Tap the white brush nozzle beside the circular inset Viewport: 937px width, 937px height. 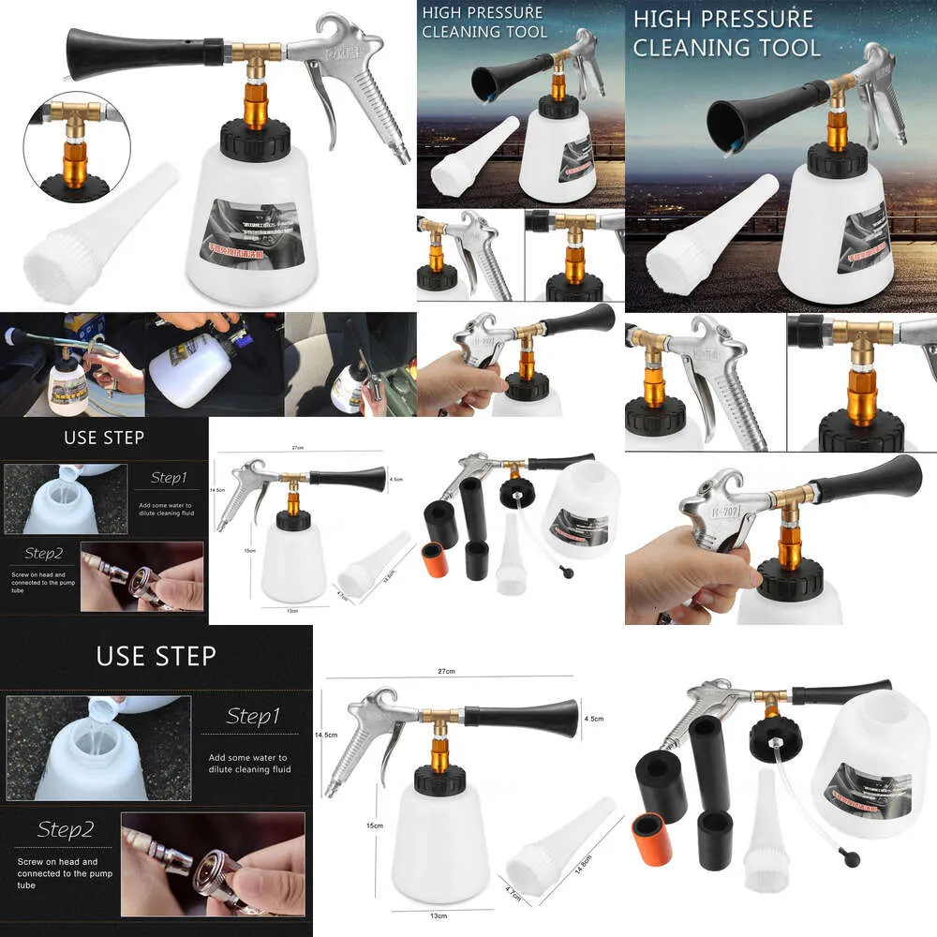coord(103,233)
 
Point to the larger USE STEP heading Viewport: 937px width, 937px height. coord(156,655)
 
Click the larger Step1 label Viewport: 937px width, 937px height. coord(253,717)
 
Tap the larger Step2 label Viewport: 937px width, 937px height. coord(66,829)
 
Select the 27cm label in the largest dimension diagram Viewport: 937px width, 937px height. coord(445,672)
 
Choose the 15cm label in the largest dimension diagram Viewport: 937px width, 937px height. coord(374,825)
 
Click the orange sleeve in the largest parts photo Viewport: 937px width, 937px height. coord(651,830)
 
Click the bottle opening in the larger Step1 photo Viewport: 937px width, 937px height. coord(98,722)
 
